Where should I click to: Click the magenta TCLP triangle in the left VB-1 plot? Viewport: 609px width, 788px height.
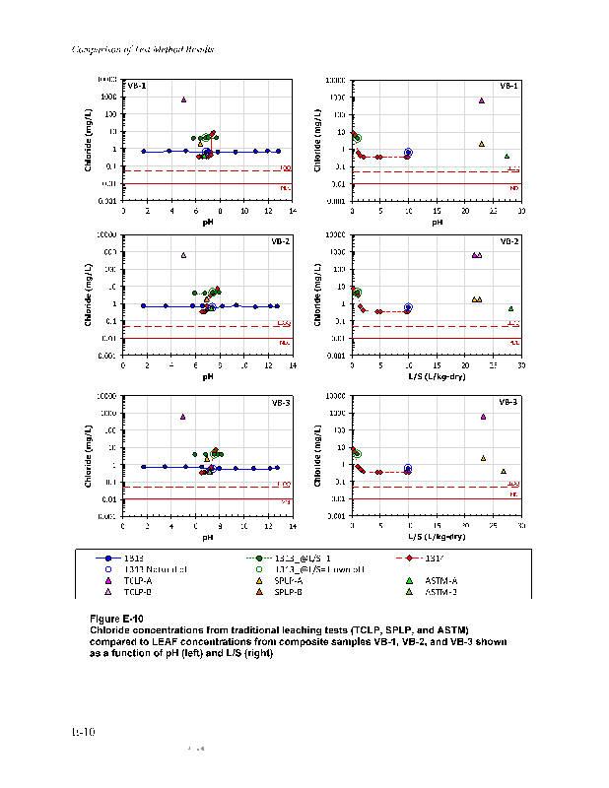coord(183,99)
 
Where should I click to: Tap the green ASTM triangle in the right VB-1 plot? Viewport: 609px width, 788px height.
coord(507,156)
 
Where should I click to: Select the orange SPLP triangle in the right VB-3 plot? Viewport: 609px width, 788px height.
coord(483,458)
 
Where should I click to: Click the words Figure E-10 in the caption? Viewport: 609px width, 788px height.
coord(116,618)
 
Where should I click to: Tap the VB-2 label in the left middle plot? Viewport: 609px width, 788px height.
coord(279,241)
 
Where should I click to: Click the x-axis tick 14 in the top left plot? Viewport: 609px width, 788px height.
coord(293,211)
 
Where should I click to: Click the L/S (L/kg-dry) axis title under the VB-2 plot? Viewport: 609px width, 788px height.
coord(437,376)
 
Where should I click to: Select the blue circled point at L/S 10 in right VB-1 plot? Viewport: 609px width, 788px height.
coord(408,153)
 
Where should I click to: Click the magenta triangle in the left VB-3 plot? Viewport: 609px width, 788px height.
coord(182,417)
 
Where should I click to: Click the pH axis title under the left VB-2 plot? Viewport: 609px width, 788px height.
coord(208,376)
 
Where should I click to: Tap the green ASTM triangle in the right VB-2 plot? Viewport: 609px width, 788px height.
coord(510,308)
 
